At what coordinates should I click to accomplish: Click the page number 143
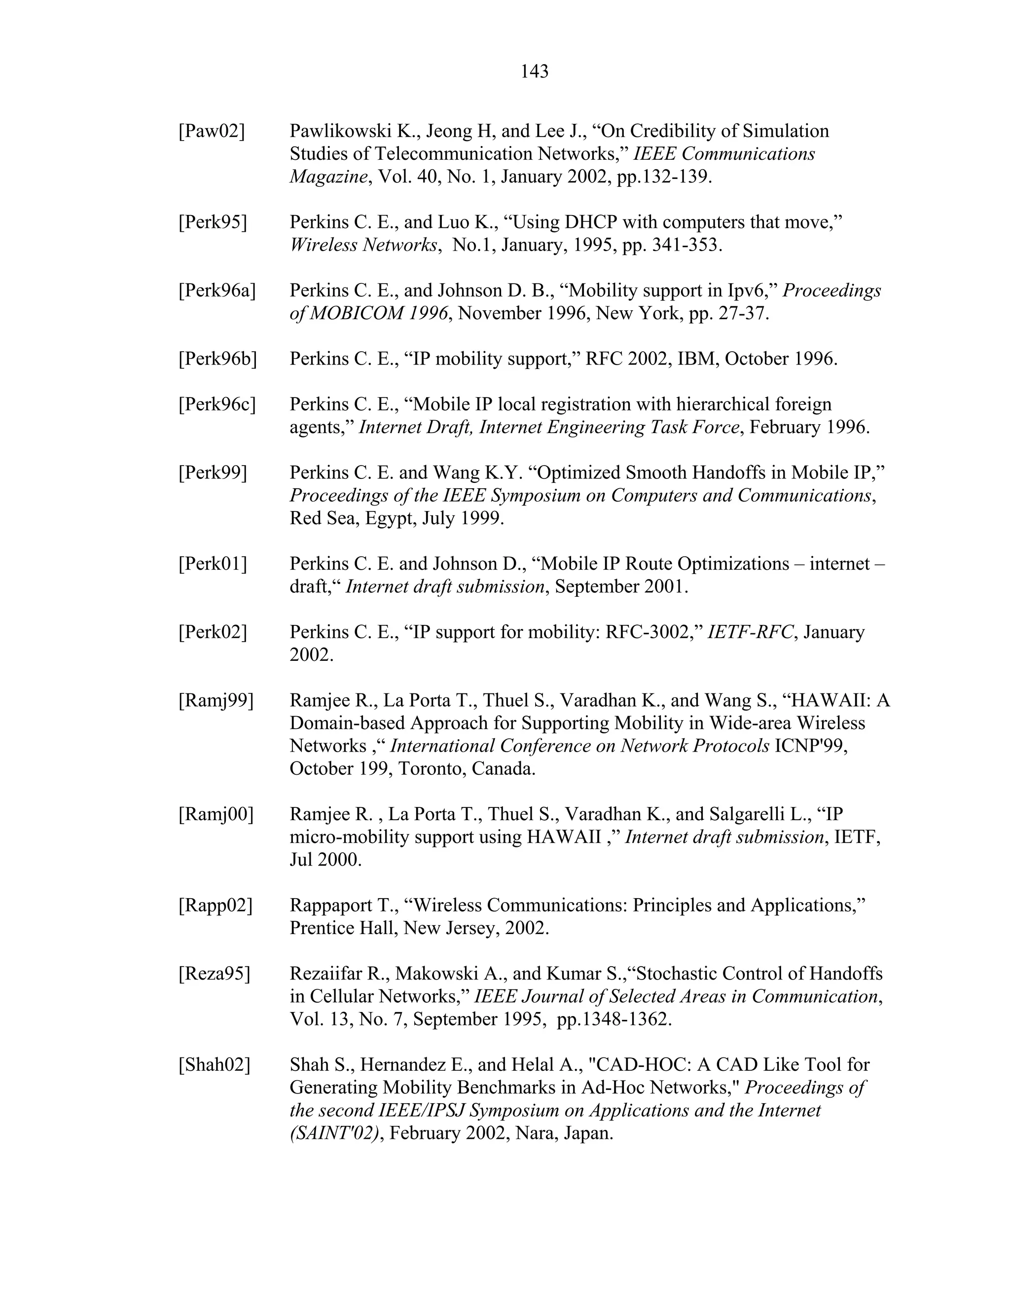pos(534,72)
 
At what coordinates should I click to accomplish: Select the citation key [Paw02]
pos(211,131)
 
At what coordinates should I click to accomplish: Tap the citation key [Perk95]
pos(213,222)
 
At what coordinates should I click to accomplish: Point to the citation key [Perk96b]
pos(217,359)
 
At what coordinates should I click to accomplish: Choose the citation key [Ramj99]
pos(216,700)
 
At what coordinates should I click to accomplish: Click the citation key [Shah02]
pos(214,1065)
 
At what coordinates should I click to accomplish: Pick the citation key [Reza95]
pos(214,974)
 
